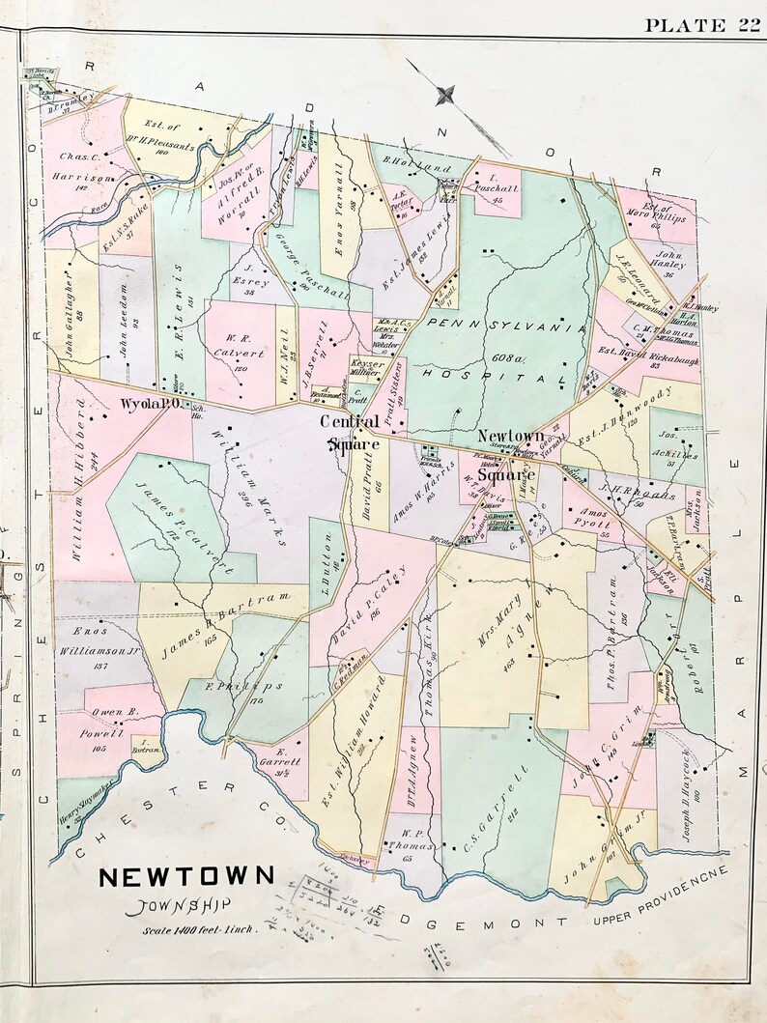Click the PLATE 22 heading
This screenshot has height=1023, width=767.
point(702,25)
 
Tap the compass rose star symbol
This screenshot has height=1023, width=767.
point(445,95)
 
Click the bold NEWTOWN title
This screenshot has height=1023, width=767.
point(186,877)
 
